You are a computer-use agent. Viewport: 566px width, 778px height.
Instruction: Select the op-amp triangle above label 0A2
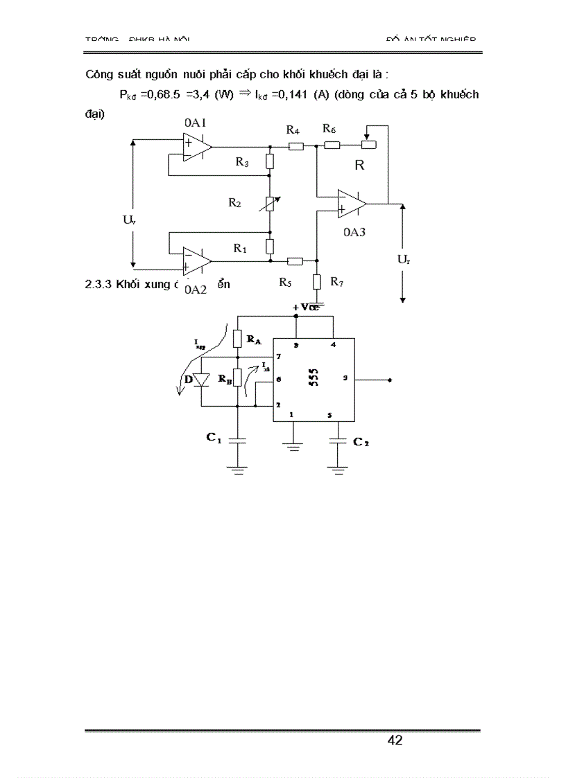click(197, 260)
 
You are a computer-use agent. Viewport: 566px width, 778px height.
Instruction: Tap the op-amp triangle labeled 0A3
click(351, 203)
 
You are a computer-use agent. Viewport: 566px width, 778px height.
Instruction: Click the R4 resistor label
click(293, 131)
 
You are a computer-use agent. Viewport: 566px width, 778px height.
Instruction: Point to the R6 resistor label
click(329, 130)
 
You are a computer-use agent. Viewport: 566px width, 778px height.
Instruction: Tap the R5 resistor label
click(286, 282)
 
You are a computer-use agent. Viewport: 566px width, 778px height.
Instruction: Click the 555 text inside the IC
click(314, 378)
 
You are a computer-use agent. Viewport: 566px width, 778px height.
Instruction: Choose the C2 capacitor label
click(361, 442)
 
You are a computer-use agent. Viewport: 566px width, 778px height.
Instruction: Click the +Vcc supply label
click(305, 307)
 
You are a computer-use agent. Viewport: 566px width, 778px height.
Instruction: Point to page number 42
click(395, 741)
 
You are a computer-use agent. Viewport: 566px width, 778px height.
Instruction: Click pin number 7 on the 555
click(278, 356)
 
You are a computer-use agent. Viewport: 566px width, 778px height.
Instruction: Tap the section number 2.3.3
click(99, 283)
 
